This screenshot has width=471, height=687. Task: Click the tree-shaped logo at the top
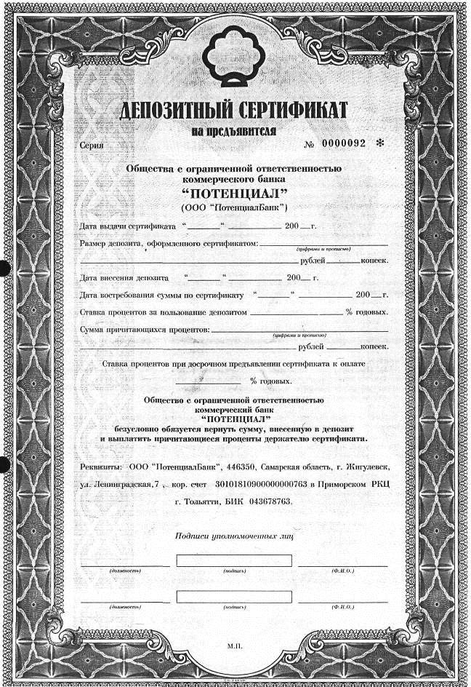[234, 57]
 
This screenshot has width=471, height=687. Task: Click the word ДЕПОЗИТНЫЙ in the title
[169, 111]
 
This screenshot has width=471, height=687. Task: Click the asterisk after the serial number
[379, 143]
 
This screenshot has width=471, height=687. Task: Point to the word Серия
[92, 145]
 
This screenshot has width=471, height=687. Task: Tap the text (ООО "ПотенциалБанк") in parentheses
[234, 207]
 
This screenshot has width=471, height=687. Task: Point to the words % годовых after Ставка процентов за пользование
[366, 312]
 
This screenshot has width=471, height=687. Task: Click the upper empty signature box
[234, 560]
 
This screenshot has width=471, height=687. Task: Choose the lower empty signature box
[234, 596]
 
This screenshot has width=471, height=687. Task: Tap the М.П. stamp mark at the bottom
[234, 646]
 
